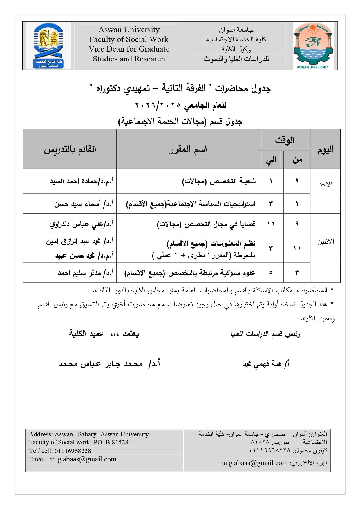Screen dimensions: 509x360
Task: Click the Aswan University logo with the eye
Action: tap(313, 46)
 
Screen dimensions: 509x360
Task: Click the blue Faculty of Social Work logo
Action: tap(48, 46)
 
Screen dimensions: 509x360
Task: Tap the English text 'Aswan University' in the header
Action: tap(129, 30)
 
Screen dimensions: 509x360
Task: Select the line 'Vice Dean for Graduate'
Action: tap(129, 49)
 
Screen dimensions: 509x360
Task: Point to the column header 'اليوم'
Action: tap(325, 149)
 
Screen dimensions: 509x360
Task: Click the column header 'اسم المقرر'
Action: tap(188, 149)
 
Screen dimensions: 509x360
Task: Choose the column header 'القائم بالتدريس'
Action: tap(70, 149)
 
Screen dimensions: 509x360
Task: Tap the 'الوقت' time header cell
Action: tap(284, 140)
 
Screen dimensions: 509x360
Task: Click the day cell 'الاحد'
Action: tap(325, 184)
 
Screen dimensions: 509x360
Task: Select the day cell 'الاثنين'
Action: tap(325, 242)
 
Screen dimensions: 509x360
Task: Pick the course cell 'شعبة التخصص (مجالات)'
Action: tap(219, 181)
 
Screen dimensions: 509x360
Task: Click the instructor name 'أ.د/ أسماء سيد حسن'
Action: tap(84, 204)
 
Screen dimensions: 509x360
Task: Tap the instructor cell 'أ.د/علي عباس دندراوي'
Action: tap(82, 224)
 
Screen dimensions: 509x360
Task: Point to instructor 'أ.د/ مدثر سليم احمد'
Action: tap(86, 273)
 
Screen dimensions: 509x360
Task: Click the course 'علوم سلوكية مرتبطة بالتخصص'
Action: tap(190, 273)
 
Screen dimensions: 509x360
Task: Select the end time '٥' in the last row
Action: tap(271, 273)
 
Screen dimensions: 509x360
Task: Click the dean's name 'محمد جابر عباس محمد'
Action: tap(101, 364)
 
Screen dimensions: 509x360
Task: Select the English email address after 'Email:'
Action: tap(83, 459)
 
